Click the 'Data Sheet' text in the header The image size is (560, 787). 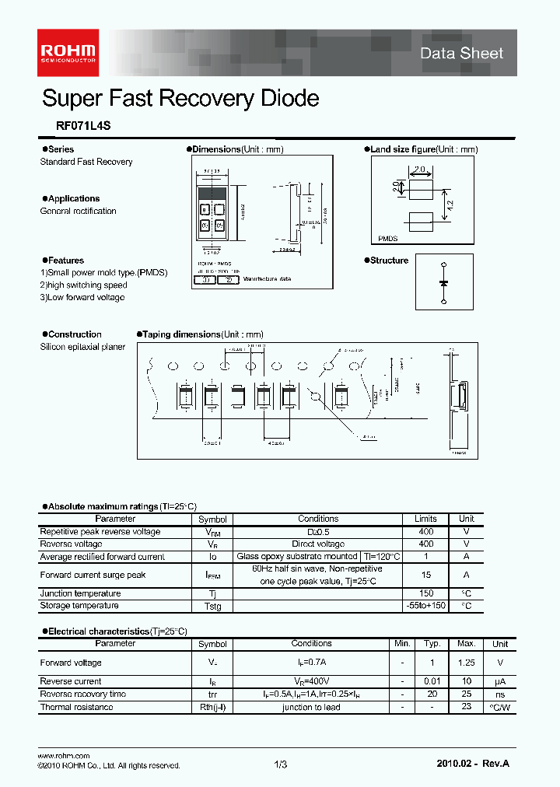pos(461,53)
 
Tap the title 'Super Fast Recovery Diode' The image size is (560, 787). pos(180,99)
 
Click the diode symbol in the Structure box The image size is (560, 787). pos(443,284)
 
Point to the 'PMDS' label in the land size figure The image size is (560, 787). pos(387,240)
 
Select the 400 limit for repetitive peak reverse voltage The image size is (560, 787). pos(425,532)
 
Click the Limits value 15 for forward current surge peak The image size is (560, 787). pos(425,575)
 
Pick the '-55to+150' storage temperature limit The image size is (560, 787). pos(425,606)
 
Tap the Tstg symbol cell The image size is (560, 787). pos(212,607)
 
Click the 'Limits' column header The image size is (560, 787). pos(425,519)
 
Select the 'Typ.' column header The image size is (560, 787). pos(432,644)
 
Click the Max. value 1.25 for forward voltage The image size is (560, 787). pos(466,663)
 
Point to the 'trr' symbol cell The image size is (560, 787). pos(212,694)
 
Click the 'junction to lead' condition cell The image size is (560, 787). pos(311,708)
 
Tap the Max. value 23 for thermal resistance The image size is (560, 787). pos(467,707)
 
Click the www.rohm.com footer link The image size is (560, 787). pos(64,755)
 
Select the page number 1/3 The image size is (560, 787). pos(281,765)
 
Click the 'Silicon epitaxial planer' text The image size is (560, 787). pos(82,347)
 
